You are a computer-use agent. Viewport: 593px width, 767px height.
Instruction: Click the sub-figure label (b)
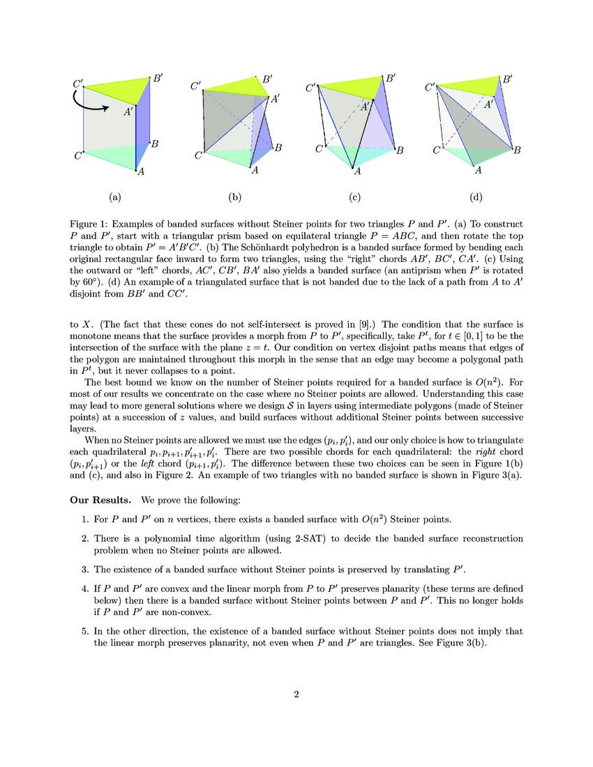pyautogui.click(x=234, y=197)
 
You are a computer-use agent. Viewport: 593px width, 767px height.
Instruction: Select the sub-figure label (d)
pyautogui.click(x=476, y=197)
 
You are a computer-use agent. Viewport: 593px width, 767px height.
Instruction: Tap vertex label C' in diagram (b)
pyautogui.click(x=196, y=86)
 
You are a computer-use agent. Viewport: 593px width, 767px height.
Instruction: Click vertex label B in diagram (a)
pyautogui.click(x=155, y=144)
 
